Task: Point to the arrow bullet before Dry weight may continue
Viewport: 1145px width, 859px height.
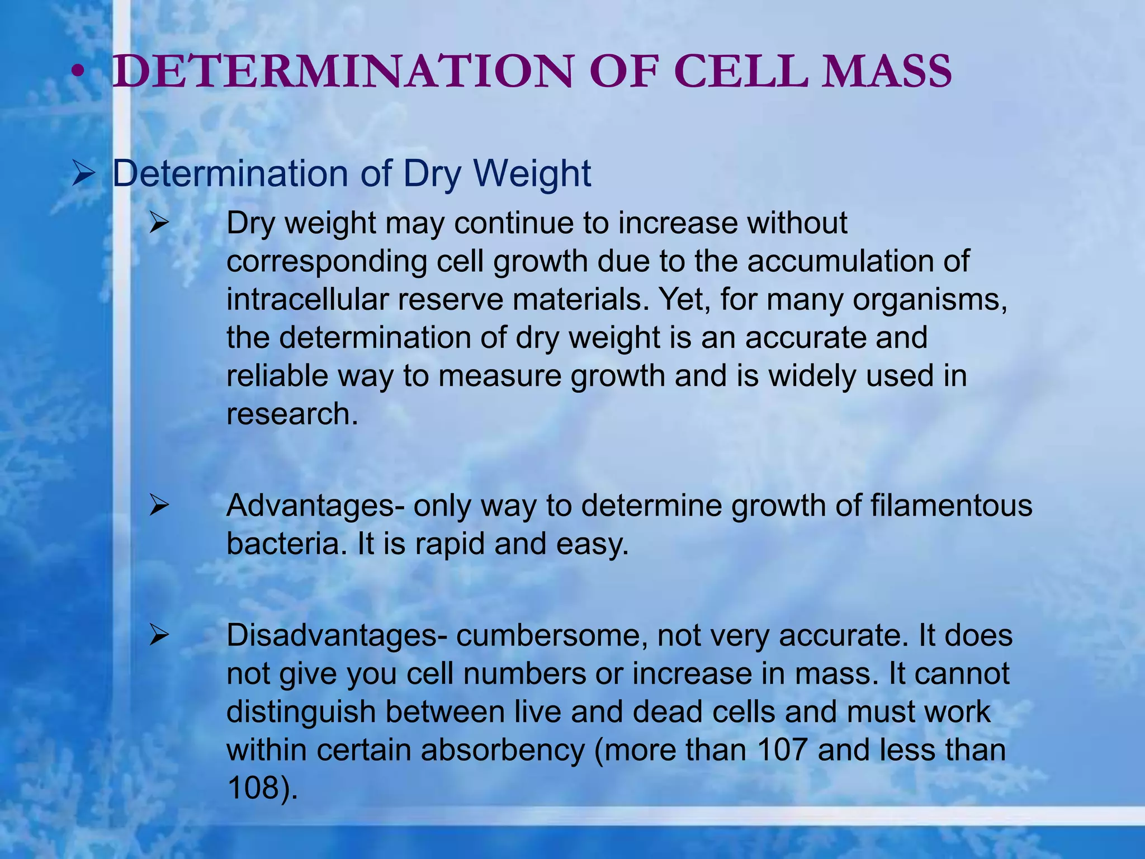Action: pyautogui.click(x=159, y=224)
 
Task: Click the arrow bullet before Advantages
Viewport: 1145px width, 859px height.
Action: pyautogui.click(x=159, y=507)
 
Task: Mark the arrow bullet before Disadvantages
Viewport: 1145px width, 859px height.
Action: pyautogui.click(x=159, y=636)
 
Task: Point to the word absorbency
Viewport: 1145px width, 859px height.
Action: pyautogui.click(x=503, y=750)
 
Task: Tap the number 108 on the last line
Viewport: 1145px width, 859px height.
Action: pyautogui.click(x=254, y=787)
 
